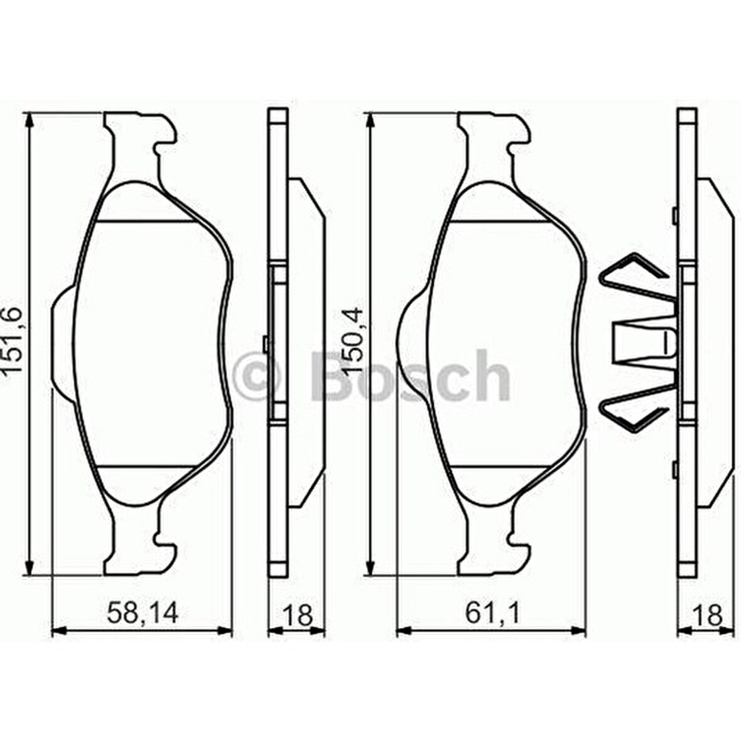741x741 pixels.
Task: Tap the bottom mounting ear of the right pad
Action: click(493, 553)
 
